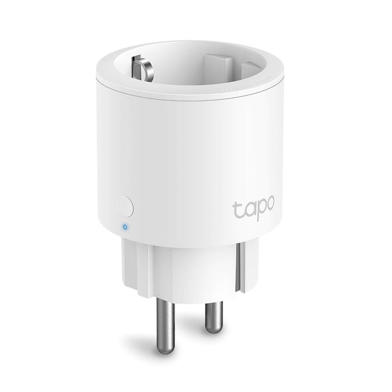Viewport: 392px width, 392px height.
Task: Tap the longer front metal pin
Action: (161, 326)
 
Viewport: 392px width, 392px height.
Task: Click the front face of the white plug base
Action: (182, 273)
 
